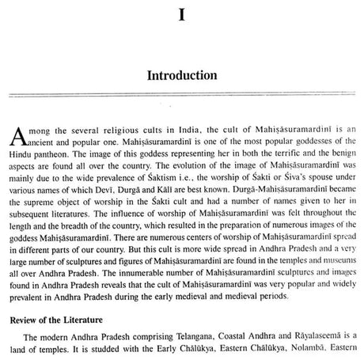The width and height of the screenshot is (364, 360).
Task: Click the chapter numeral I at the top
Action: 182,15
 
